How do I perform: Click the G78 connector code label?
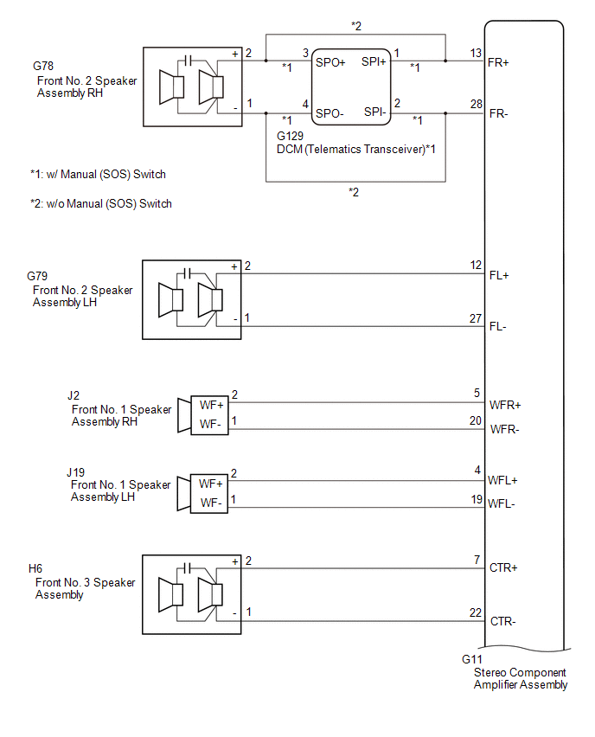tap(42, 65)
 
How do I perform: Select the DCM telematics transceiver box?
tap(349, 87)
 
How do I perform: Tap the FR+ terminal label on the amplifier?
tap(498, 62)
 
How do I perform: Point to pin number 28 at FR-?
tap(476, 104)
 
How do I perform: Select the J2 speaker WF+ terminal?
tap(211, 405)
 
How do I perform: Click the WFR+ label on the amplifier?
tap(506, 405)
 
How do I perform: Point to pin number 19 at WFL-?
tap(476, 499)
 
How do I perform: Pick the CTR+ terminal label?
tap(503, 568)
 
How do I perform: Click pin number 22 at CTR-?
tap(476, 612)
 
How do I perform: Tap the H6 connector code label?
tap(35, 568)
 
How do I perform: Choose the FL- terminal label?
tap(498, 328)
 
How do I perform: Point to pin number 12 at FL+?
tap(476, 266)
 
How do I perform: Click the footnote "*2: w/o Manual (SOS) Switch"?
tap(100, 204)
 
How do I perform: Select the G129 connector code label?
tap(291, 137)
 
